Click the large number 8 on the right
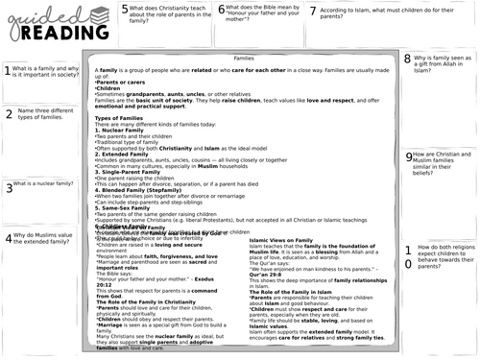(408, 60)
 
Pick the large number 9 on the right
(409, 157)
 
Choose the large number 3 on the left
(7, 188)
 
